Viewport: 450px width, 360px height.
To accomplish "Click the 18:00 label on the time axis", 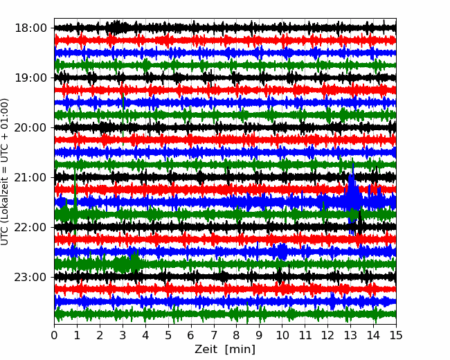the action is click(x=30, y=28).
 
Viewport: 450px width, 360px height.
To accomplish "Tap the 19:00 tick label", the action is click(x=30, y=78).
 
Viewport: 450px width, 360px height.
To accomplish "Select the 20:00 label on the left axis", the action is click(x=30, y=127).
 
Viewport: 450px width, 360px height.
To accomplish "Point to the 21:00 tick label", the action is click(x=30, y=177).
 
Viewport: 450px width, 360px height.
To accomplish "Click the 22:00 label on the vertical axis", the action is click(x=30, y=227).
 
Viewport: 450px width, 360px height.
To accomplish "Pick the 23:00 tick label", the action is click(x=30, y=277).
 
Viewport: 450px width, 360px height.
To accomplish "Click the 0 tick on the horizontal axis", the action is click(x=54, y=335).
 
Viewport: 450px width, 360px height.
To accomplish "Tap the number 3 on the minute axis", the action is click(x=123, y=335).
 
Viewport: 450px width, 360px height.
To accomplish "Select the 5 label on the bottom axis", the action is click(x=168, y=335).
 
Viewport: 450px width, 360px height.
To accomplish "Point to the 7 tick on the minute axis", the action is click(x=214, y=335).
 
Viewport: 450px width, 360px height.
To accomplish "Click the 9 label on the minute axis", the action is click(x=260, y=335).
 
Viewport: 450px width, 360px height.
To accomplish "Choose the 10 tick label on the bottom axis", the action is click(x=282, y=335).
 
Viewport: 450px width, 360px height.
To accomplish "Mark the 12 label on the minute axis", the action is click(x=327, y=335).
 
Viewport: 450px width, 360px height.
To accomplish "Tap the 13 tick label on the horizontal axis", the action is click(x=351, y=335).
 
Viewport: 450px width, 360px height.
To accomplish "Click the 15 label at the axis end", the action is click(x=396, y=335).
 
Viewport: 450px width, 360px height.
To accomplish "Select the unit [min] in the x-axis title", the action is click(x=240, y=350).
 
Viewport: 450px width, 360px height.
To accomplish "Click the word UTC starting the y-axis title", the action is click(x=4, y=237).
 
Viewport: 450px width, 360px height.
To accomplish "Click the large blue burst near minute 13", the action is click(x=352, y=195).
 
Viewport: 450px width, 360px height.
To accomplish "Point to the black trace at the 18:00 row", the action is click(x=225, y=28).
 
